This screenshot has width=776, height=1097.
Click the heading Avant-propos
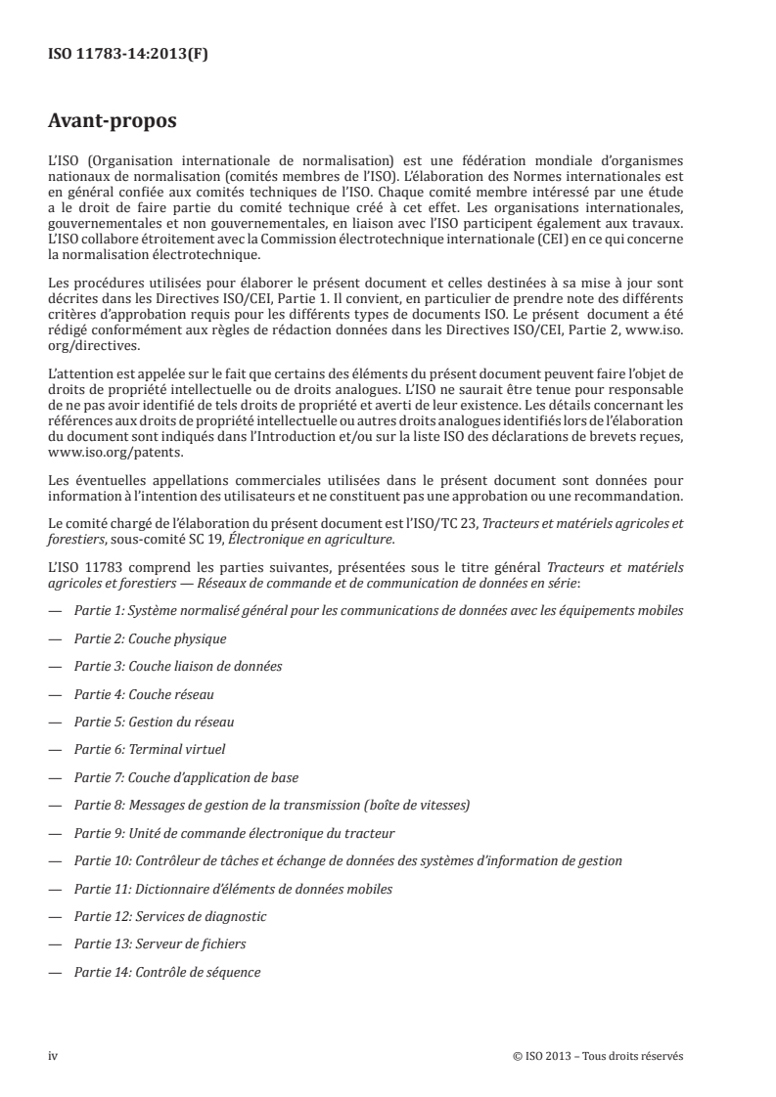click(110, 123)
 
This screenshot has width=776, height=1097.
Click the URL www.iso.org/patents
click(100, 454)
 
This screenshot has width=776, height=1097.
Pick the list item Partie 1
click(378, 610)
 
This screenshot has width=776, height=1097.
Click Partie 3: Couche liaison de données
click(178, 666)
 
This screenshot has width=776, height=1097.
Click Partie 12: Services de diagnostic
click(170, 916)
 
